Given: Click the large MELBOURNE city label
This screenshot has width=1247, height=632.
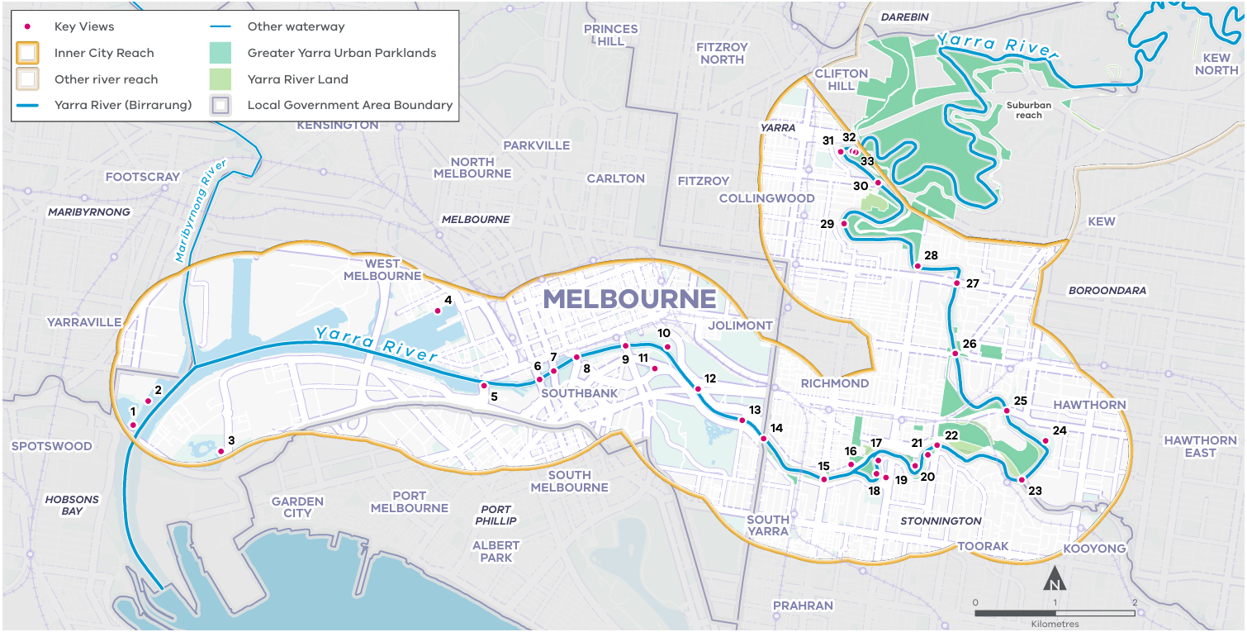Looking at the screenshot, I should pos(629,299).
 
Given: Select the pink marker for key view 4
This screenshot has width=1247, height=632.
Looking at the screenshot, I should pos(439,311).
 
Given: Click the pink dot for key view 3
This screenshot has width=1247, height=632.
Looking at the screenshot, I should pos(220,451).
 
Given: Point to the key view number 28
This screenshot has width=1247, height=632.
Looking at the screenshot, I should pos(931,255).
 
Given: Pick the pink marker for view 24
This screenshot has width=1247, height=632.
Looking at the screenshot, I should pos(1045,440).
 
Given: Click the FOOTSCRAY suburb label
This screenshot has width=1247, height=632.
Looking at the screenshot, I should pos(143,177).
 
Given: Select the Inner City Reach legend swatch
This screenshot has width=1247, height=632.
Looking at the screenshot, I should pos(28,53).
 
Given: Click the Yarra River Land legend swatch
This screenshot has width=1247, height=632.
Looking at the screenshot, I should pos(221,79).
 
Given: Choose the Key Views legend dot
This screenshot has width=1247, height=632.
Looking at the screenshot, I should pos(28,26).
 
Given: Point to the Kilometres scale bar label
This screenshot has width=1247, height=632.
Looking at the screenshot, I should pos(1055,624).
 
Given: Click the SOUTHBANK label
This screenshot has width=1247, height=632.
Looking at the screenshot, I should pos(579,393).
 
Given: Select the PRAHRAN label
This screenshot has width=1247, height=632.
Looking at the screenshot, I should pos(803,606).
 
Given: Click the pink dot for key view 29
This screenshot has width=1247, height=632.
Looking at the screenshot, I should pos(844,223).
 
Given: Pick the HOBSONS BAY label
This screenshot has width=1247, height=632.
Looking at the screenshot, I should pos(72,505).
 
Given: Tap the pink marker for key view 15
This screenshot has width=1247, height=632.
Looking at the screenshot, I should pos(823,479).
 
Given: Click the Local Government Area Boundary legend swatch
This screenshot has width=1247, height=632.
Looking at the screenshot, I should pos(221,106).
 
